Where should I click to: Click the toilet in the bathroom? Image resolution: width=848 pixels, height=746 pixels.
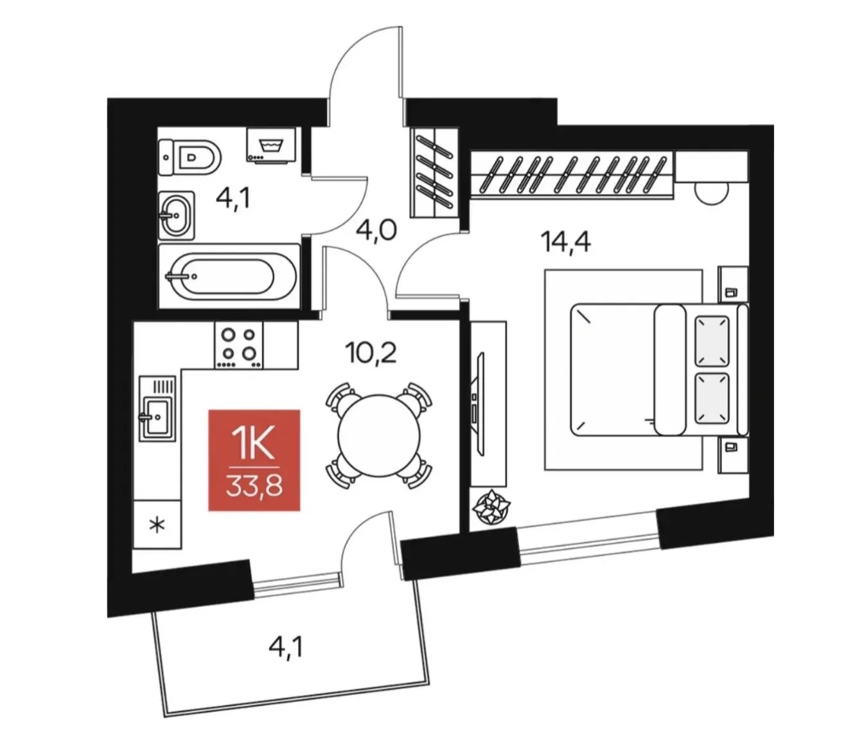[189, 157]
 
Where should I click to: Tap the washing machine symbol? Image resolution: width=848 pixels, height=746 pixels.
[271, 145]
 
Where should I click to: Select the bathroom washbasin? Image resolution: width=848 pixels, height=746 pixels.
[177, 215]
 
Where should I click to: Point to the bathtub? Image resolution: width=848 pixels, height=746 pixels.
[229, 276]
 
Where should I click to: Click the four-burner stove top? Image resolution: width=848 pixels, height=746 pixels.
[239, 345]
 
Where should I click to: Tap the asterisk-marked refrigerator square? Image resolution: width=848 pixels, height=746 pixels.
[157, 524]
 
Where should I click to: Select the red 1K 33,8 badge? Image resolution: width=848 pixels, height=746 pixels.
[254, 460]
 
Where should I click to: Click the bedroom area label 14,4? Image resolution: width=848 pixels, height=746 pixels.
[565, 242]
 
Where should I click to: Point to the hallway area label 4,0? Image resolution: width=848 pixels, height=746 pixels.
[376, 230]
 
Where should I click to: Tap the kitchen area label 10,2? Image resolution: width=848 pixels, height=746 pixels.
[371, 353]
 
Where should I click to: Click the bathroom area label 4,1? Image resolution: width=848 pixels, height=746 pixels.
[233, 198]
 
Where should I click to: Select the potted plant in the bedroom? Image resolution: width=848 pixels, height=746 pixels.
[491, 506]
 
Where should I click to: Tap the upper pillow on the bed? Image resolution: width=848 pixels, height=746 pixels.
[712, 341]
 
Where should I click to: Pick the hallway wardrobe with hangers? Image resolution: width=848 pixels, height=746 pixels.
[434, 172]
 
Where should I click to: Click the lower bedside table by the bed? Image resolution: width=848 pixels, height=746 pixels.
[733, 455]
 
